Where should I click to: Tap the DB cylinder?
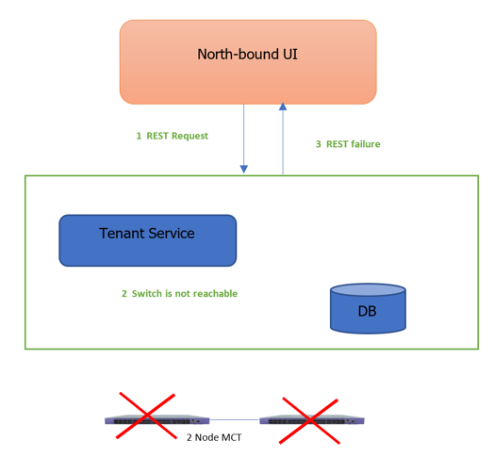368,308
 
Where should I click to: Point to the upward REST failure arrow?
282,141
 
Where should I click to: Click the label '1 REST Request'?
172,136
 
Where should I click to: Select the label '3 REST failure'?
347,144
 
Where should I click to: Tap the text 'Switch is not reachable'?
185,294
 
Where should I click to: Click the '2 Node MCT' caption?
214,437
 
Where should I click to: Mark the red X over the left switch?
146,417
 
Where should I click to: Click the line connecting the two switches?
234,420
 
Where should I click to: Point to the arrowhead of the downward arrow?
244,169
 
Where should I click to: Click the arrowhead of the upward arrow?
282,107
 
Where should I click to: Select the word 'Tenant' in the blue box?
122,233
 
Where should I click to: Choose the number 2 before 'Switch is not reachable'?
124,294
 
